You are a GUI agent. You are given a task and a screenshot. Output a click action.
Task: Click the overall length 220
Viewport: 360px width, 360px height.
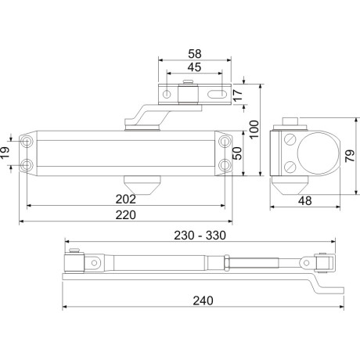(125, 214)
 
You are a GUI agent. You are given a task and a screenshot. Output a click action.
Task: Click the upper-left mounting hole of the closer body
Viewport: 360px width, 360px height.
(28, 141)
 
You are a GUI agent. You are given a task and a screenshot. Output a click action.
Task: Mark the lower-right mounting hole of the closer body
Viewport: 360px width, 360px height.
(225, 164)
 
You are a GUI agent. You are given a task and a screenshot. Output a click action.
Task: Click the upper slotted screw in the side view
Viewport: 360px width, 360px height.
(292, 142)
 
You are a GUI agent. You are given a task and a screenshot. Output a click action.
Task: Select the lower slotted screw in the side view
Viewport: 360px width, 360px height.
(292, 166)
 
